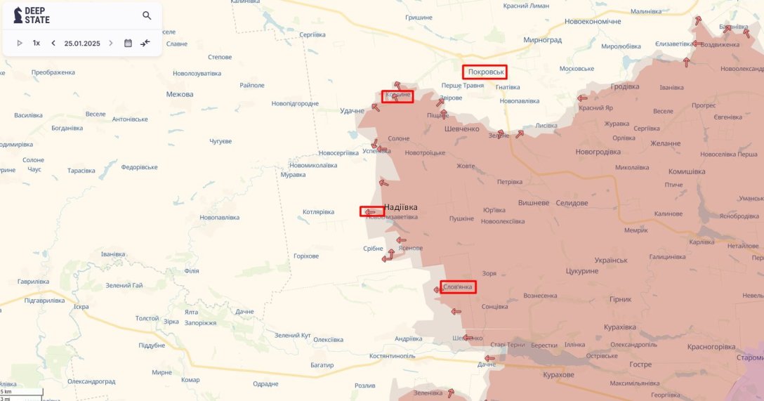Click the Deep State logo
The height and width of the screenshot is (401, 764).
[x=32, y=15]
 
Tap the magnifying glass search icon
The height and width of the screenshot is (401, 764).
[x=147, y=15]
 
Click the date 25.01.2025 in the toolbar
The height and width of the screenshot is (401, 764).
[x=82, y=43]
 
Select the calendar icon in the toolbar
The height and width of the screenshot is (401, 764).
[x=128, y=43]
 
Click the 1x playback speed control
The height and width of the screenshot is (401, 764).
[x=37, y=43]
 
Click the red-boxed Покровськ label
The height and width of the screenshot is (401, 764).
[x=485, y=72]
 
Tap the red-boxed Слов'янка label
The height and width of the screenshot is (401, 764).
[x=459, y=287]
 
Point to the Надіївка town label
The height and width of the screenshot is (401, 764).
[x=401, y=207]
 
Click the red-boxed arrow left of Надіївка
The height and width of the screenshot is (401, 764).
[x=371, y=211]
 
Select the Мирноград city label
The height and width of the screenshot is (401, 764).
[x=542, y=40]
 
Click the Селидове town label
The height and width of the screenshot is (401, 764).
[x=572, y=203]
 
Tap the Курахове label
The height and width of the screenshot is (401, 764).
[x=559, y=375]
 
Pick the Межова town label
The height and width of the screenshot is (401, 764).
[x=179, y=94]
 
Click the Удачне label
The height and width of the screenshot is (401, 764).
[x=352, y=111]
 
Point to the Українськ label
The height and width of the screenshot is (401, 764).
[x=610, y=259]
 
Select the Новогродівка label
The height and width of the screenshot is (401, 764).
[x=602, y=152]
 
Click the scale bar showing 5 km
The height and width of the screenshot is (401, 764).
[x=21, y=391]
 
